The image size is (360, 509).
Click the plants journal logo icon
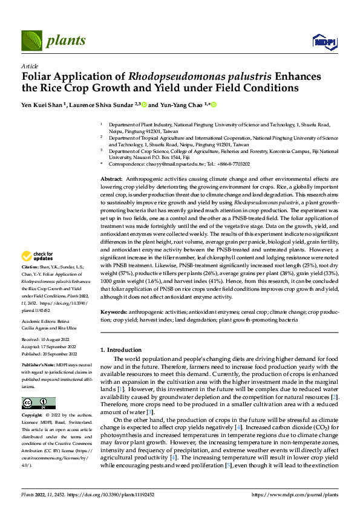[x=32, y=40]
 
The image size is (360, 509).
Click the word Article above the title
[x=29, y=65]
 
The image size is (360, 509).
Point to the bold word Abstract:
[x=111, y=180]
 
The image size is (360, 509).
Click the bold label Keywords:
[x=114, y=311]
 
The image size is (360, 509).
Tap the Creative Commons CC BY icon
[x=38, y=403]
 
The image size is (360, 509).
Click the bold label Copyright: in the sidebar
[x=32, y=416]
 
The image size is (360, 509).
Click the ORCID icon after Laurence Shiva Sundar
[x=143, y=105]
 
